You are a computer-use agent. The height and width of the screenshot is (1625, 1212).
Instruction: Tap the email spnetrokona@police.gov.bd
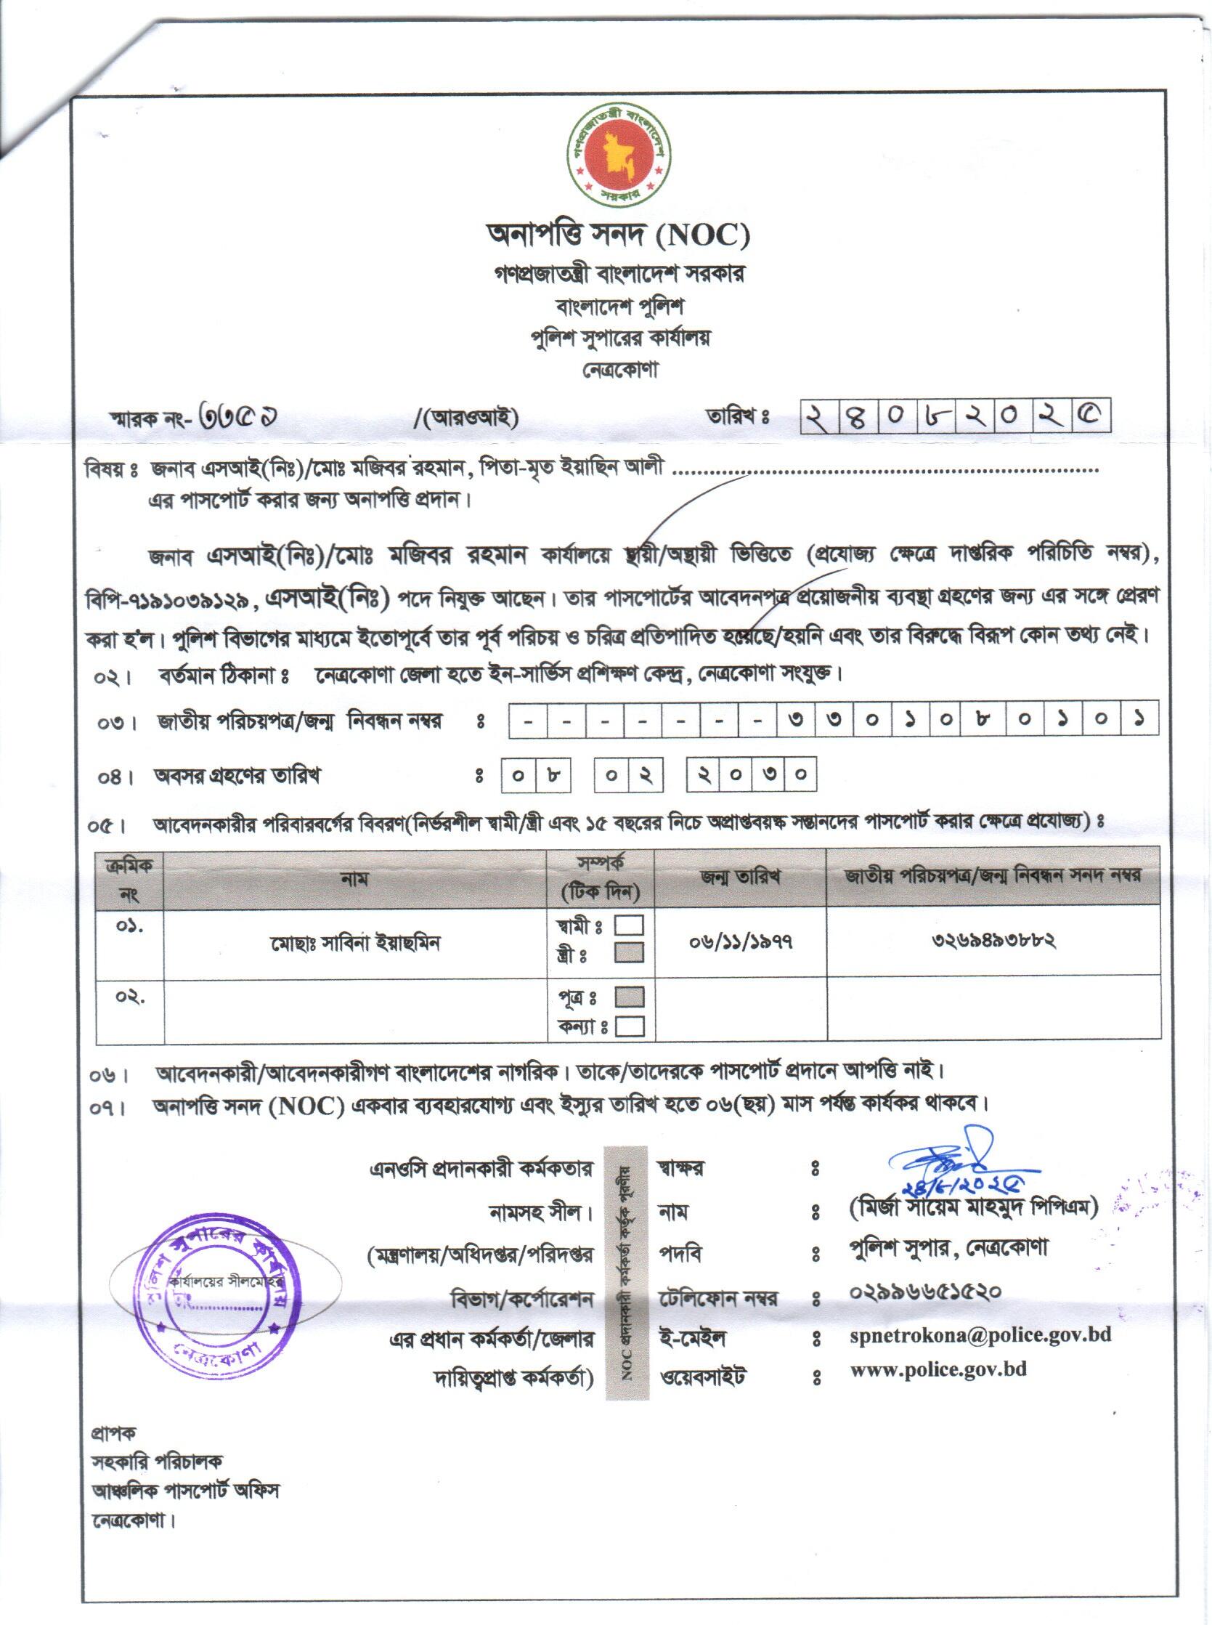[980, 1334]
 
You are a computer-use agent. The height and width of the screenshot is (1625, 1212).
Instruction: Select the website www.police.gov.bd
[938, 1369]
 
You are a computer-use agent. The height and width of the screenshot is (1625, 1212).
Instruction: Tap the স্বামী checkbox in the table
[630, 925]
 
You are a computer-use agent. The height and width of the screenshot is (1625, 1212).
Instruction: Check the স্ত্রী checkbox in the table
[630, 952]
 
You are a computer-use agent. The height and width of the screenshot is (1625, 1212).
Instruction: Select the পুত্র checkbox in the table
[630, 997]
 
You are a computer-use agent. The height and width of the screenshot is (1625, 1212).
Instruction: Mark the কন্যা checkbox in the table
[630, 1026]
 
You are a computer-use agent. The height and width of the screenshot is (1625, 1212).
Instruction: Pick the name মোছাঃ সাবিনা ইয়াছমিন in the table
[355, 942]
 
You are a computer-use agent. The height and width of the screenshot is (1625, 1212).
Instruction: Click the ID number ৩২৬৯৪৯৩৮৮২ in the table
[993, 939]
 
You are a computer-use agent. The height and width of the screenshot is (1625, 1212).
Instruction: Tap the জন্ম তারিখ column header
[740, 875]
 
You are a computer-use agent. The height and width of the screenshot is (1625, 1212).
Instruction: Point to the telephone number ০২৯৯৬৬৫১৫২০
[925, 1291]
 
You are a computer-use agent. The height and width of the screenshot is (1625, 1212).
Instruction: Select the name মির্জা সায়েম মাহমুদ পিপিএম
[973, 1207]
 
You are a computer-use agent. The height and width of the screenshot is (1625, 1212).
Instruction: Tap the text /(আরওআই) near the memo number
[466, 418]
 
